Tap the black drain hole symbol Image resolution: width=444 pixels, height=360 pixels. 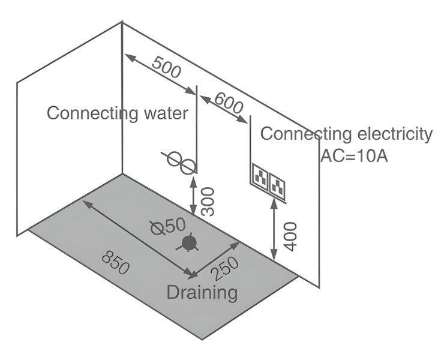(x=190, y=243)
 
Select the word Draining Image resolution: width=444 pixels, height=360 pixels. (x=202, y=293)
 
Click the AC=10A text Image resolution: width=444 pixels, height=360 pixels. (x=354, y=155)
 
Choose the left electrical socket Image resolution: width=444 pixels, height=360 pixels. (x=260, y=178)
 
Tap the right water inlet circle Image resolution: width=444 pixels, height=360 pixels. (x=187, y=164)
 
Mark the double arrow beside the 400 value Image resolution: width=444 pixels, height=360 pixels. (x=274, y=230)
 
